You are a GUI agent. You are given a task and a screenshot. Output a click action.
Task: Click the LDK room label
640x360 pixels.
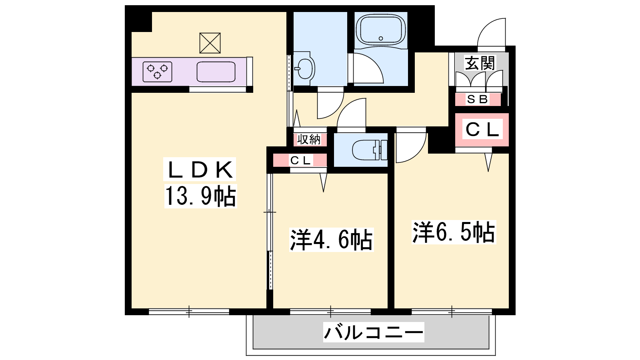pos(200,170)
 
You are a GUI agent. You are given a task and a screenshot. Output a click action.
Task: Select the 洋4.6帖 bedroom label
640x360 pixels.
pos(332,240)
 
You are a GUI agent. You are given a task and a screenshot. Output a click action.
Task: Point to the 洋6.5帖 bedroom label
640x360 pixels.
pos(454,232)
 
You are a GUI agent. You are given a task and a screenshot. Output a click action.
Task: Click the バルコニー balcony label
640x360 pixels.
pos(374,332)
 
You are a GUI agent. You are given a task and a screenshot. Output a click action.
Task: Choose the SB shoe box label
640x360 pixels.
pos(478,99)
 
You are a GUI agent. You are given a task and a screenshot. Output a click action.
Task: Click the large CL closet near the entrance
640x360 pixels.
pos(482,130)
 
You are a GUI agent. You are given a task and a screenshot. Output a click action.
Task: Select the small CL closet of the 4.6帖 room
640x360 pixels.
pos(300,160)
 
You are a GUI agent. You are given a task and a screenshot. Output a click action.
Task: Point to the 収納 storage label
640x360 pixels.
pos(309,140)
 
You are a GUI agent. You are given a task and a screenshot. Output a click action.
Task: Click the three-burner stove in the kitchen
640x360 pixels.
pos(158,72)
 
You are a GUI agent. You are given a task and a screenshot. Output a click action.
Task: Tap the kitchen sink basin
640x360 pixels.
pos(216,72)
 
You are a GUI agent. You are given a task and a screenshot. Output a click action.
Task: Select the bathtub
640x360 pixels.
pos(381,30)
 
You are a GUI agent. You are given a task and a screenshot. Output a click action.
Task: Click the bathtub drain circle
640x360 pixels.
pos(380,38)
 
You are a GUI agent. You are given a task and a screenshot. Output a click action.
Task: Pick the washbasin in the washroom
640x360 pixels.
pos(304,68)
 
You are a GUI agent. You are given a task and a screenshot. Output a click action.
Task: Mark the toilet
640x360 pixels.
pos(370,150)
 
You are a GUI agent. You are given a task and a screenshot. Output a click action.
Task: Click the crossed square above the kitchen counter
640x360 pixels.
pos(210,43)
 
